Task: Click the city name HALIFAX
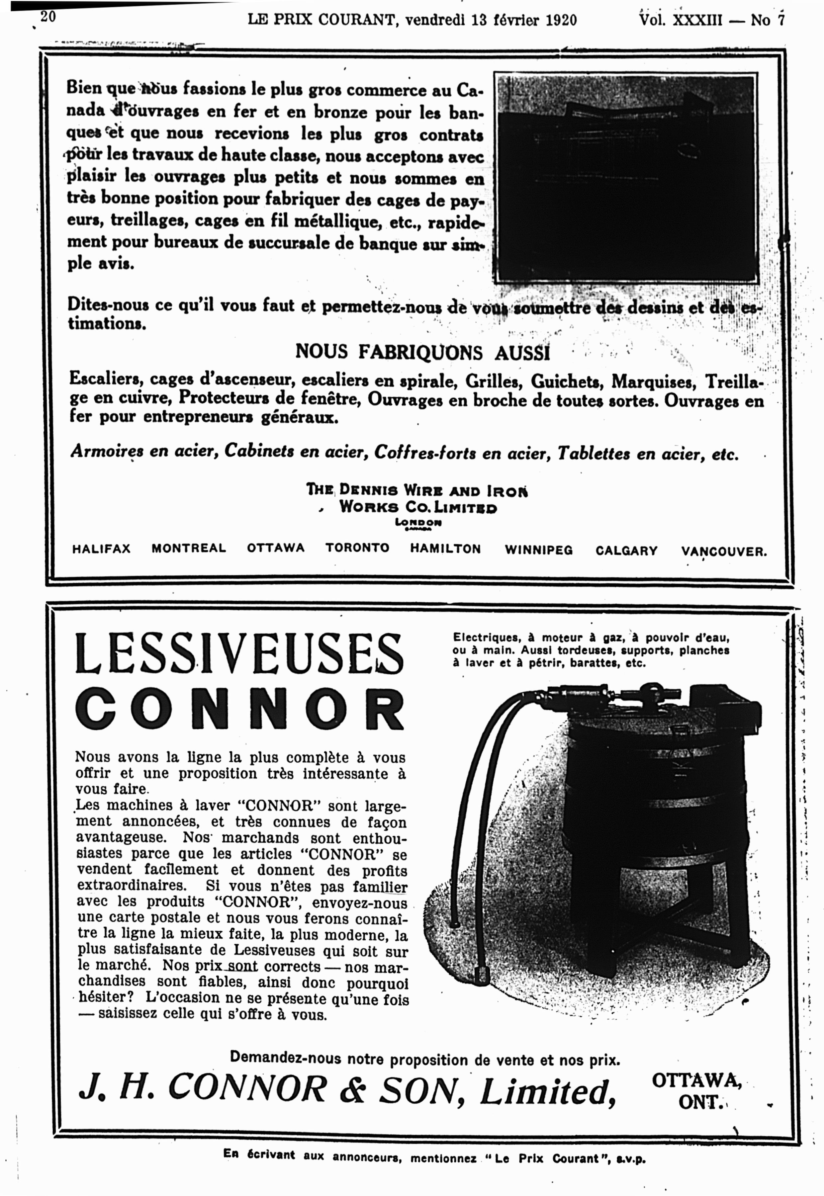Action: [x=101, y=549]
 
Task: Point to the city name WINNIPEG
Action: [x=538, y=550]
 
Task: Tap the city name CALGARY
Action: [x=626, y=551]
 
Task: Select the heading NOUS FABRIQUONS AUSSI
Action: [x=422, y=353]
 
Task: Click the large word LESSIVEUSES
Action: [x=239, y=654]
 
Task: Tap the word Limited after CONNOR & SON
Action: [x=548, y=1092]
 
